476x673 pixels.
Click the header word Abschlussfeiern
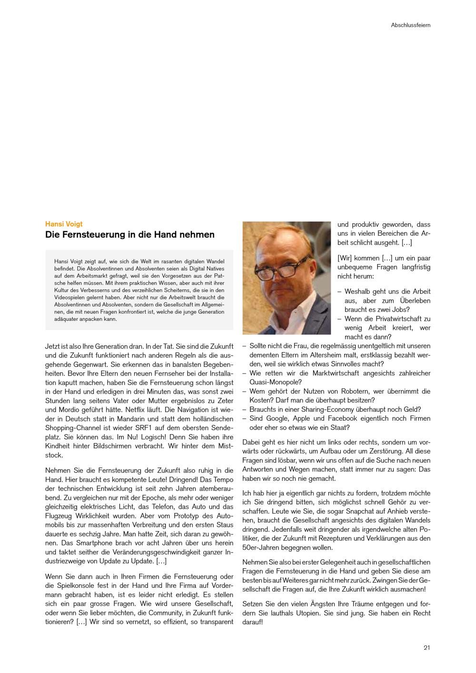coord(410,25)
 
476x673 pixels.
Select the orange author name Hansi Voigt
coord(64,224)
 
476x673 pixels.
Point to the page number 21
coord(426,647)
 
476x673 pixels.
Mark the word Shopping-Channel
coord(73,428)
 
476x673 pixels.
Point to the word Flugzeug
coord(60,516)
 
